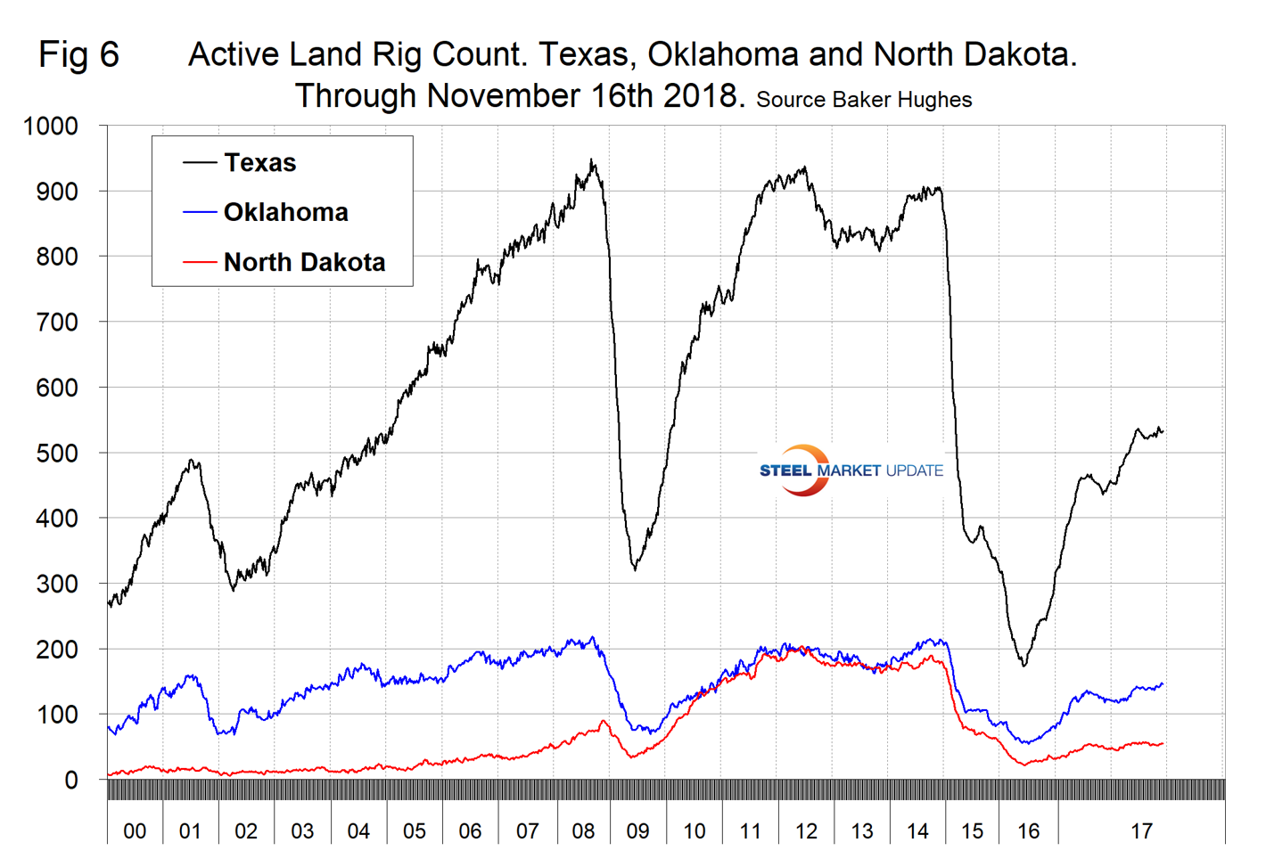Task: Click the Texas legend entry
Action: pyautogui.click(x=259, y=163)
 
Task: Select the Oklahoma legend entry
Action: pyautogui.click(x=285, y=213)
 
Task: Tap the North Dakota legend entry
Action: pyautogui.click(x=304, y=263)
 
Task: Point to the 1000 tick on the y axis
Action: pyautogui.click(x=51, y=127)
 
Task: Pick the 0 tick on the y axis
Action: pyautogui.click(x=71, y=781)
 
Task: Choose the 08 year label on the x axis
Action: pyautogui.click(x=583, y=831)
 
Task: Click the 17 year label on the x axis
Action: pyautogui.click(x=1141, y=831)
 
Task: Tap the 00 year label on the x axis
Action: pyautogui.click(x=135, y=831)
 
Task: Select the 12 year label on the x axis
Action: pyautogui.click(x=806, y=831)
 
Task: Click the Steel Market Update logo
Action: pyautogui.click(x=851, y=470)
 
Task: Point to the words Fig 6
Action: pyautogui.click(x=78, y=55)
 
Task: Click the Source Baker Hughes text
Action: pyautogui.click(x=864, y=100)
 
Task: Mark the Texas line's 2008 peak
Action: pyautogui.click(x=592, y=160)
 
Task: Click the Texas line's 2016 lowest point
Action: pyautogui.click(x=1024, y=665)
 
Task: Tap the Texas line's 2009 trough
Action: pyautogui.click(x=635, y=568)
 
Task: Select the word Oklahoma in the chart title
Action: pyautogui.click(x=723, y=55)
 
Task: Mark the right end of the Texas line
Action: pyautogui.click(x=1163, y=432)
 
